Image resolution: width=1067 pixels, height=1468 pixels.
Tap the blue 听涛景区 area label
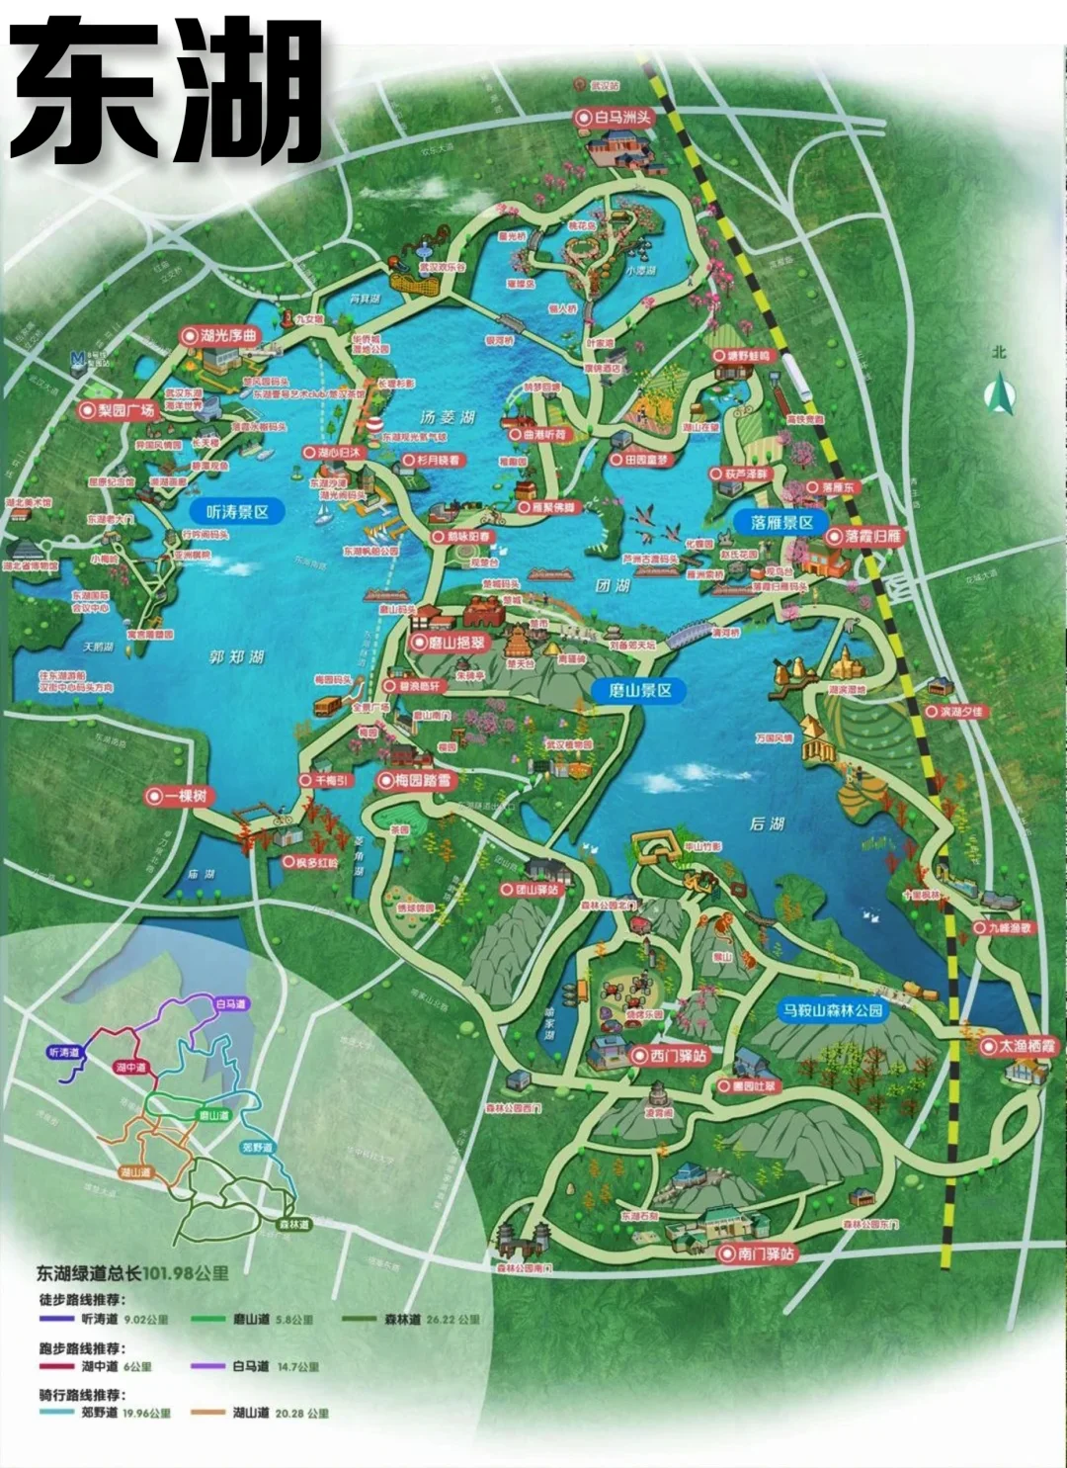point(237,512)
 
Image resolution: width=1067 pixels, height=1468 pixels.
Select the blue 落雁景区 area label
point(780,522)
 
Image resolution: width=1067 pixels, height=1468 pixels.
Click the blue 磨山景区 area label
point(639,690)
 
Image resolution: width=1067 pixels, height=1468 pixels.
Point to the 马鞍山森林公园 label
point(832,1010)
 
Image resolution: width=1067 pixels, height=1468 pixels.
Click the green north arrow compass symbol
point(1000,393)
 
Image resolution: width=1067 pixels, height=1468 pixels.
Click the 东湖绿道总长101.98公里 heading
point(132,1272)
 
